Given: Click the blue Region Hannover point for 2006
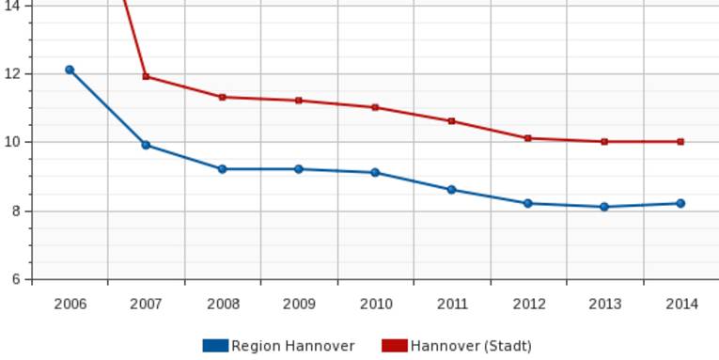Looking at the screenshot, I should [x=70, y=70].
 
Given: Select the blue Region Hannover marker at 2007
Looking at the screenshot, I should [x=146, y=145].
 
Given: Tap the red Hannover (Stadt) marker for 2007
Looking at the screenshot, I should [x=146, y=76].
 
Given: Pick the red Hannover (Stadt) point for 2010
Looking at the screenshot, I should [x=375, y=107].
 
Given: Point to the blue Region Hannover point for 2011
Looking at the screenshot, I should [x=451, y=190].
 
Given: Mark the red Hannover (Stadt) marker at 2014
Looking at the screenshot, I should [x=680, y=142].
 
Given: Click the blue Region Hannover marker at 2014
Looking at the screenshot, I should [x=680, y=203].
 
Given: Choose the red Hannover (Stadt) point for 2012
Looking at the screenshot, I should [x=528, y=138].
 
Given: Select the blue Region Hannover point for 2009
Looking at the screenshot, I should [x=299, y=169].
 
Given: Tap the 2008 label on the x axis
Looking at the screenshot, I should [x=223, y=304].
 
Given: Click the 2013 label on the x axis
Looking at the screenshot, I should [x=604, y=304].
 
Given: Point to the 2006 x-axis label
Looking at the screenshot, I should [x=70, y=304].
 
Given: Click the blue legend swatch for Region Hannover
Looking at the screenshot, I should [x=215, y=346].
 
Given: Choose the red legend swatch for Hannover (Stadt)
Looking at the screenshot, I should [x=394, y=346].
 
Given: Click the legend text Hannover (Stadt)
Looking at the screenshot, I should [x=471, y=346].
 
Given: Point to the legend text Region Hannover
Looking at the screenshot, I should [x=293, y=346].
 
